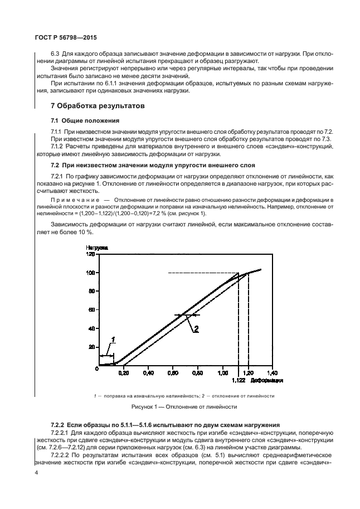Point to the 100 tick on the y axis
91,273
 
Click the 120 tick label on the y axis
91,254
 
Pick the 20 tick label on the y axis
92,346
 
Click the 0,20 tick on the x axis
123,372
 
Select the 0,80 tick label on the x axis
198,372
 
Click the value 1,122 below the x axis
238,381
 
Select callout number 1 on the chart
114,339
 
